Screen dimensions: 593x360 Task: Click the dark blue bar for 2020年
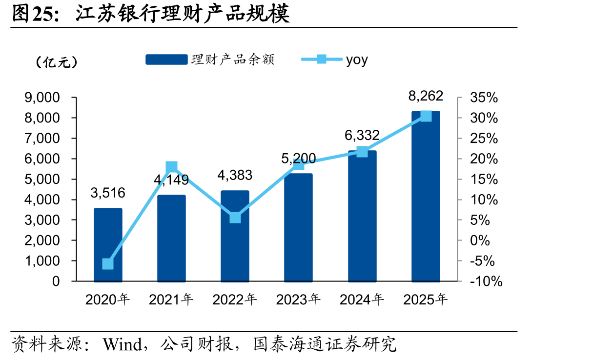pos(108,245)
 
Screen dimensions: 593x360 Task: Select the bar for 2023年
pos(298,227)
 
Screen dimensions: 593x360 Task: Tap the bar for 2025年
pos(426,196)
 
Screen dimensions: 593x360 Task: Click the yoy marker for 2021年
pos(171,167)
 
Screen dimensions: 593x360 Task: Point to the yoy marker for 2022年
pos(235,218)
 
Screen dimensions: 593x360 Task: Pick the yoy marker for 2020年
pos(108,264)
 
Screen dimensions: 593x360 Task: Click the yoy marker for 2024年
pos(362,152)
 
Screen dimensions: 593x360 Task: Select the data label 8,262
pos(426,96)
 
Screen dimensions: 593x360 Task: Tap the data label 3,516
pos(108,193)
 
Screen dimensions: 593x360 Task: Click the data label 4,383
pos(235,175)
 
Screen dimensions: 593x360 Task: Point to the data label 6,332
pos(362,135)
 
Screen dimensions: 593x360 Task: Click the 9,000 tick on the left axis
pos(42,98)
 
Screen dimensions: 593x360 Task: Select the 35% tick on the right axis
pos(484,98)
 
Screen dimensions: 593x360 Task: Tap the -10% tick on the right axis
pos(486,281)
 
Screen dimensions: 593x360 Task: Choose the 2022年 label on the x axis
pos(235,300)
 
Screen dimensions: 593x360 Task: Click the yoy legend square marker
pos(322,59)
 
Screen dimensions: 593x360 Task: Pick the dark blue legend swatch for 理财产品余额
pos(166,60)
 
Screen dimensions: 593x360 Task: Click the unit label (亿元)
pos(56,62)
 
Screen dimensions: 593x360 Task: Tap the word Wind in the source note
pos(123,344)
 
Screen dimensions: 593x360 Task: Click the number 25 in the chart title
pos(42,14)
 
